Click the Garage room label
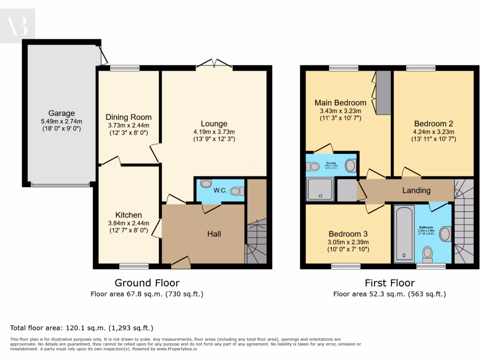click(61, 113)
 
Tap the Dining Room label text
click(128, 117)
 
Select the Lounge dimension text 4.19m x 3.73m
click(214, 132)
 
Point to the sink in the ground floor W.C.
click(206, 183)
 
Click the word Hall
click(214, 234)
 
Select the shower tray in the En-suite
click(320, 188)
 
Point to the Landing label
click(416, 190)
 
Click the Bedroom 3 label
click(348, 234)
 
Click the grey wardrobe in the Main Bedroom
click(384, 92)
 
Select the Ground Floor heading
click(147, 283)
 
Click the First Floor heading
click(390, 283)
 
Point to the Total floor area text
click(82, 328)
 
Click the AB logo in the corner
click(17, 26)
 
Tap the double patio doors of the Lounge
click(214, 65)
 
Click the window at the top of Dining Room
click(125, 68)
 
